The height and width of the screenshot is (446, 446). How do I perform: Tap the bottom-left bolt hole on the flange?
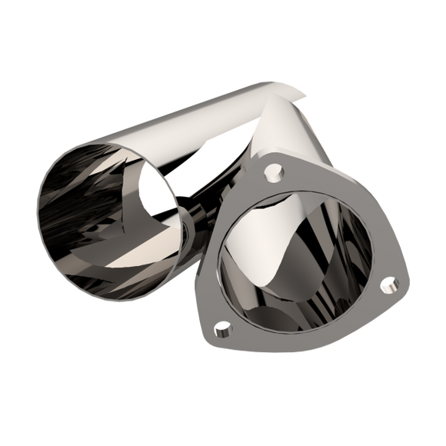click(x=225, y=331)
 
